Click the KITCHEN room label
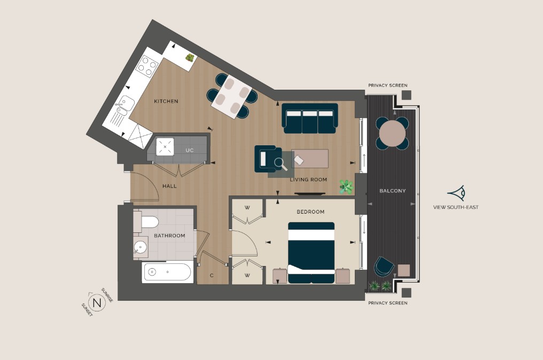[166, 101]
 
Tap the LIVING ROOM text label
[308, 179]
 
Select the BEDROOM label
[311, 212]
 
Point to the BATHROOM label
[169, 236]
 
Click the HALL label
[169, 186]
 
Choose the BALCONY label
[392, 191]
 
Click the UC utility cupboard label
[189, 150]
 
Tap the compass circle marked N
[97, 303]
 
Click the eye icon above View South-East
[456, 193]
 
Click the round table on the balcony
[392, 133]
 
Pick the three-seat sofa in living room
[310, 119]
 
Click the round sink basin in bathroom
[141, 247]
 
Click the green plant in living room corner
[346, 186]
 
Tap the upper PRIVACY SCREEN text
[387, 85]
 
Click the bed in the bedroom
[311, 252]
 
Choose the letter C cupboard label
[212, 276]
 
